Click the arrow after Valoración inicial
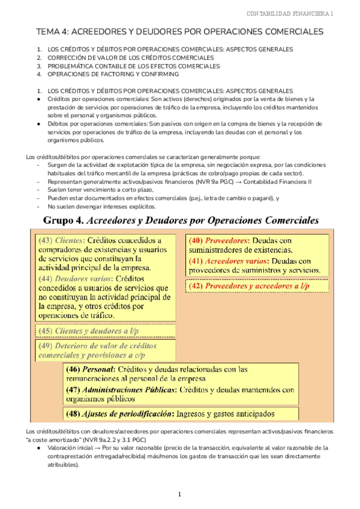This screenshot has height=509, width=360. click(98, 447)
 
